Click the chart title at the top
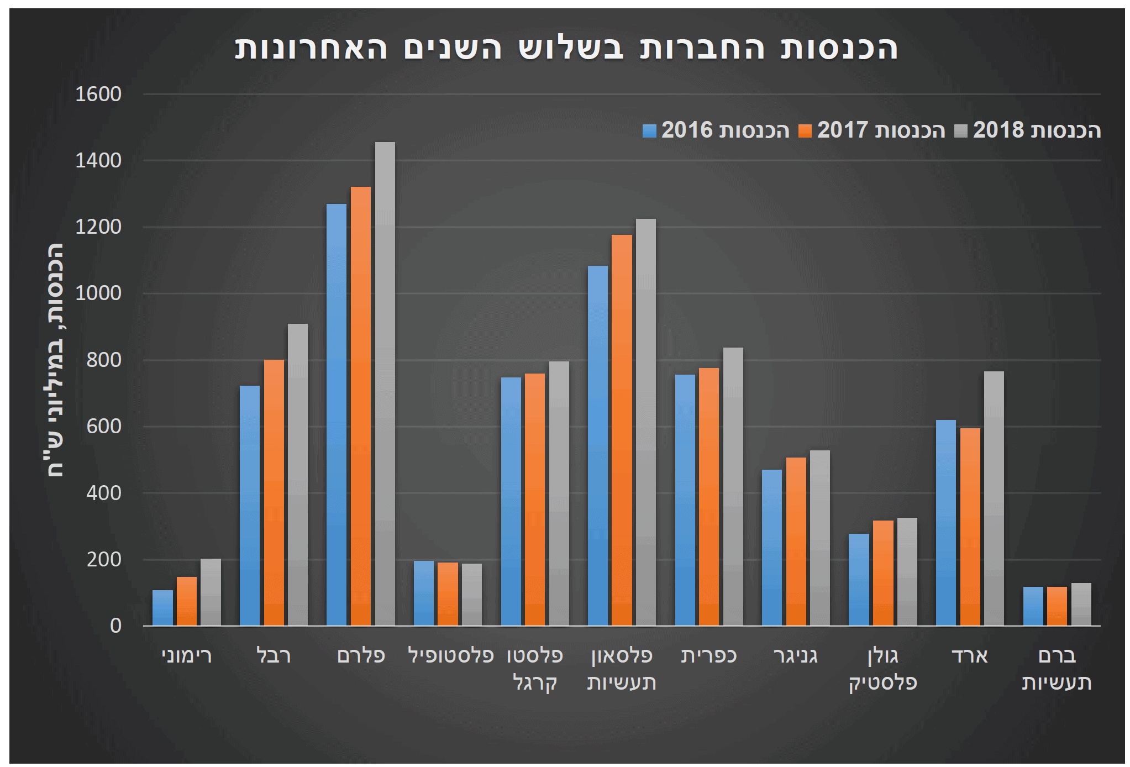(x=566, y=48)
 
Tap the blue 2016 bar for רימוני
(x=162, y=608)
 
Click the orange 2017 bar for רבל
(x=274, y=492)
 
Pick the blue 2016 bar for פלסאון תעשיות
(x=597, y=445)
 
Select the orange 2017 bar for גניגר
(x=796, y=542)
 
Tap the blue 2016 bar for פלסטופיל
(x=424, y=593)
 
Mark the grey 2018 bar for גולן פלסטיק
(x=907, y=571)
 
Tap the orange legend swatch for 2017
(x=805, y=131)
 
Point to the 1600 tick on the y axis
(x=98, y=94)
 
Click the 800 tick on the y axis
(x=104, y=360)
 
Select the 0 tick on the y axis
(x=115, y=626)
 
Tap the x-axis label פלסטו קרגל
(x=535, y=669)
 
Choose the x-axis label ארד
(x=970, y=656)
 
